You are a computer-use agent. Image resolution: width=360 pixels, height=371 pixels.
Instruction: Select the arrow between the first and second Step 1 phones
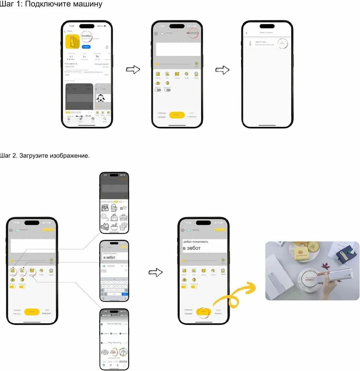tap(132, 70)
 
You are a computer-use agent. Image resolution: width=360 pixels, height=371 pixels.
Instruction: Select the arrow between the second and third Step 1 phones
tap(222, 70)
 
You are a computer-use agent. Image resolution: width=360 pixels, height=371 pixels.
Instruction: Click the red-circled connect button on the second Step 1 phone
tap(193, 33)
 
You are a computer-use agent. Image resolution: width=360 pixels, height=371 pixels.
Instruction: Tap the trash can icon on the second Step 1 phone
tap(196, 74)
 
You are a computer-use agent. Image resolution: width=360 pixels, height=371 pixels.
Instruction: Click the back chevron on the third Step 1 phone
tap(247, 33)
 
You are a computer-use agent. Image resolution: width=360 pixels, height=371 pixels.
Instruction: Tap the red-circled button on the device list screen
tap(282, 43)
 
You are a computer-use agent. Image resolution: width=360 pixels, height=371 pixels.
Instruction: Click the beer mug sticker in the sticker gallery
tap(114, 208)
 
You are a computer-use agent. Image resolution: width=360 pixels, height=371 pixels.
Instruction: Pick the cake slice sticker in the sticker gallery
tap(105, 226)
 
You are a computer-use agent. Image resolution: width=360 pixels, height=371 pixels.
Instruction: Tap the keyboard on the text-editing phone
tap(114, 288)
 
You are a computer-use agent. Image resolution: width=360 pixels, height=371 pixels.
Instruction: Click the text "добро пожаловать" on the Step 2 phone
tap(195, 241)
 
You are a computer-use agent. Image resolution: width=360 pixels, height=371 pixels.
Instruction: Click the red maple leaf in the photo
tap(326, 266)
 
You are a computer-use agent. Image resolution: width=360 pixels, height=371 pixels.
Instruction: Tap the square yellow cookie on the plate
tap(301, 255)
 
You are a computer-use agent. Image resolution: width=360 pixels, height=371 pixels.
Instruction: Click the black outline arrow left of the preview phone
tap(155, 273)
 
